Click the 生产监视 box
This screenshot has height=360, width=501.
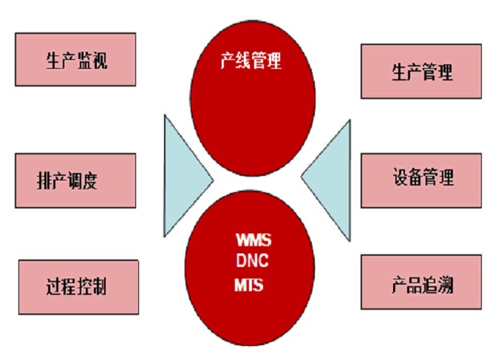(75, 59)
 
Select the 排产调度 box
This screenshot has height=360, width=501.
(75, 180)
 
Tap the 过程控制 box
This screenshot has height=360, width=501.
(78, 287)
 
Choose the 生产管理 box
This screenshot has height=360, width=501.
(421, 71)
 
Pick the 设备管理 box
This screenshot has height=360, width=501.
(421, 180)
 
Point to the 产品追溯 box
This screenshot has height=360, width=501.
(421, 282)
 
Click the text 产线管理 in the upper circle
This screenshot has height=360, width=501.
(251, 61)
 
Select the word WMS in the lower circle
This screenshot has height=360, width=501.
(253, 240)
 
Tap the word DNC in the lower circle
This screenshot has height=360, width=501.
(252, 261)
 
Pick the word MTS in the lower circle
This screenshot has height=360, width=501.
(249, 285)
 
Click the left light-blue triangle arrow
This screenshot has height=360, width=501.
(188, 176)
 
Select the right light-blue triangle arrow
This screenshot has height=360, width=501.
(326, 180)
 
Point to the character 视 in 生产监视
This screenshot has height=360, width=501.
(100, 61)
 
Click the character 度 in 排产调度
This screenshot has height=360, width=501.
(90, 180)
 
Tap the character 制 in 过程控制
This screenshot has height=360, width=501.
(99, 286)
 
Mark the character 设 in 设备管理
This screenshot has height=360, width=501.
(401, 177)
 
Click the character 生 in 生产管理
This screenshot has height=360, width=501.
(400, 72)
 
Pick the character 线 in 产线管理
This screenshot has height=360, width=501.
(243, 61)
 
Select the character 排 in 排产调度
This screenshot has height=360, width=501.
(44, 180)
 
